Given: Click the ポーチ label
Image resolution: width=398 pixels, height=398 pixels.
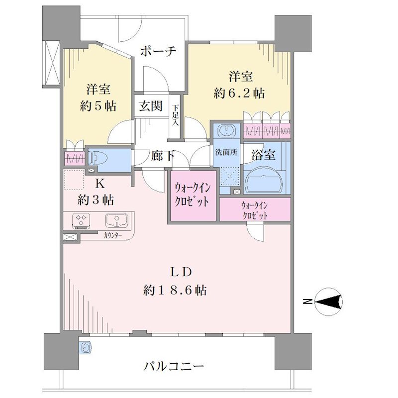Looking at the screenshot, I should (158, 52).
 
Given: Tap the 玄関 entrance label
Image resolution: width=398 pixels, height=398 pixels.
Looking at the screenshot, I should (150, 106).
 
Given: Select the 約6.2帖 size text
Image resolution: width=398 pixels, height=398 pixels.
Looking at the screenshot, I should (239, 93).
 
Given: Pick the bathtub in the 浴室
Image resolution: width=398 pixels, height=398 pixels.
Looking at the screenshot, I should (264, 178).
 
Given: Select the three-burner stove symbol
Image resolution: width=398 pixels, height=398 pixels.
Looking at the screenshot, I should (82, 219).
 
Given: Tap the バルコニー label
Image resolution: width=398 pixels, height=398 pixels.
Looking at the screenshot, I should (174, 367).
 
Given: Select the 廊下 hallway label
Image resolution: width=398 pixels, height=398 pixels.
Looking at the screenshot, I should (163, 156).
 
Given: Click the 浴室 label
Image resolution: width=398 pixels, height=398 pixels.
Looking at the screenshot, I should (264, 155).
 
